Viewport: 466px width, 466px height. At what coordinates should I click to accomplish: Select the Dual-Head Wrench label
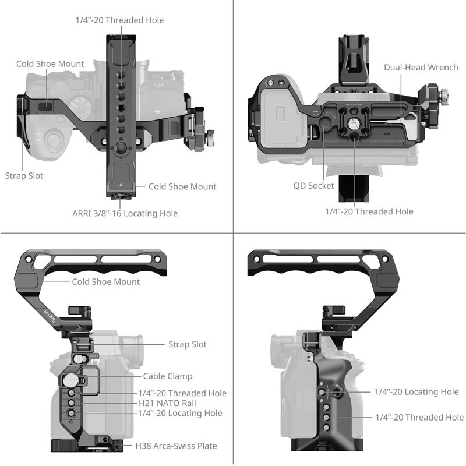(x=421, y=68)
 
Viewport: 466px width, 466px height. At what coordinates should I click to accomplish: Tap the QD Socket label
(x=313, y=186)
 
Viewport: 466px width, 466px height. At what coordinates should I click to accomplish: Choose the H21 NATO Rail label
(x=167, y=403)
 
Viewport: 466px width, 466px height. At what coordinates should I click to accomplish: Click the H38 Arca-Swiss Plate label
(x=176, y=446)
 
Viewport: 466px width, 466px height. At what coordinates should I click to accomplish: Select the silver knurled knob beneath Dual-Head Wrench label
(x=444, y=93)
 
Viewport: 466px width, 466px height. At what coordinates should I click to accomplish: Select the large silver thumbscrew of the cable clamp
(x=69, y=381)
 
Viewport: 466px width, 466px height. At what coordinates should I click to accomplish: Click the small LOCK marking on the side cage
(x=94, y=355)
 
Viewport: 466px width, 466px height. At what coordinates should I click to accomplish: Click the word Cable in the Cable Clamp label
(x=154, y=376)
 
